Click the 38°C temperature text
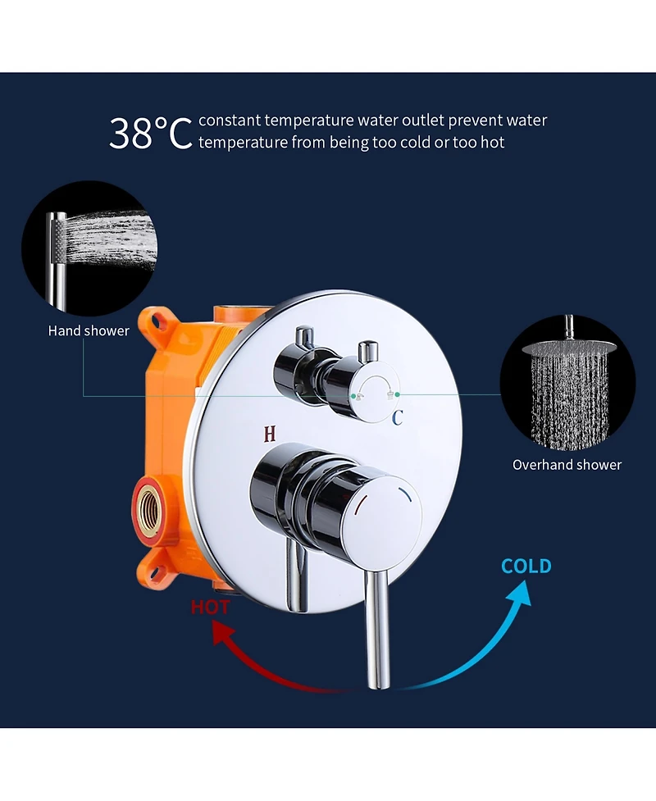point(151,134)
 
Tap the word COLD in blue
point(526,566)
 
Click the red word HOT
point(211,607)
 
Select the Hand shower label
point(89,331)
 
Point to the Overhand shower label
point(567,465)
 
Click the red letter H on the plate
point(270,434)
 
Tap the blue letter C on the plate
point(398,418)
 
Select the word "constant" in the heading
point(230,121)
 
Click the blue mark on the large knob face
point(406,494)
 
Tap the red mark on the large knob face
point(360,505)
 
